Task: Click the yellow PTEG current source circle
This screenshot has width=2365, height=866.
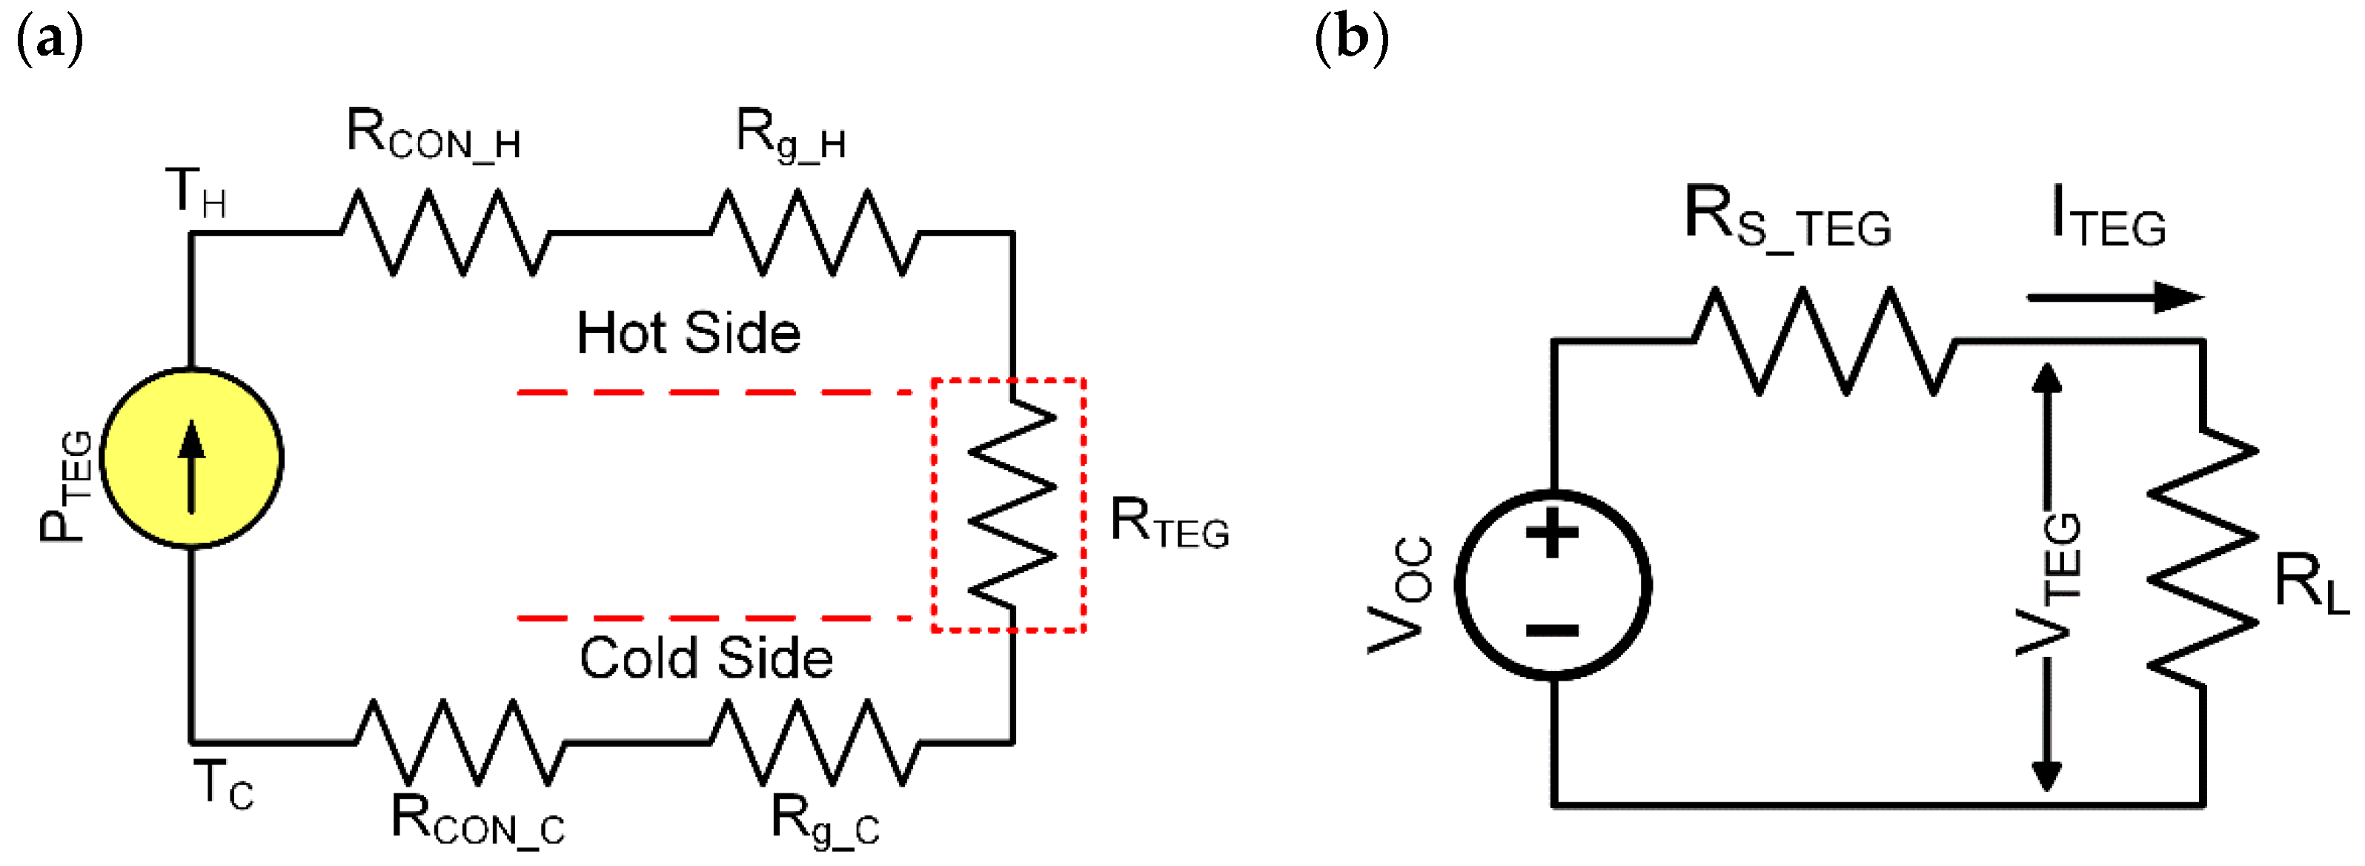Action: (x=192, y=457)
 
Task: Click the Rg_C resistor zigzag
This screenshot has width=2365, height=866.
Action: (x=815, y=742)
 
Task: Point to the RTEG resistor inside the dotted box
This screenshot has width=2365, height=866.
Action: (x=1012, y=505)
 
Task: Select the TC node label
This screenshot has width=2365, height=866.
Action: (x=223, y=785)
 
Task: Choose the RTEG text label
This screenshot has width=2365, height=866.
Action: (x=1169, y=523)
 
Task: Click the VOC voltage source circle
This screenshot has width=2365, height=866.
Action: (x=1553, y=585)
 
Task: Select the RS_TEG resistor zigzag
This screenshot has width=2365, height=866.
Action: (x=1824, y=342)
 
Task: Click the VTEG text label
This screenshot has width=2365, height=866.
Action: (x=2049, y=584)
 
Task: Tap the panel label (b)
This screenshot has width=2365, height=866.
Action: (x=1351, y=39)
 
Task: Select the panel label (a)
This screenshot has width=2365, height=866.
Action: (x=50, y=39)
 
